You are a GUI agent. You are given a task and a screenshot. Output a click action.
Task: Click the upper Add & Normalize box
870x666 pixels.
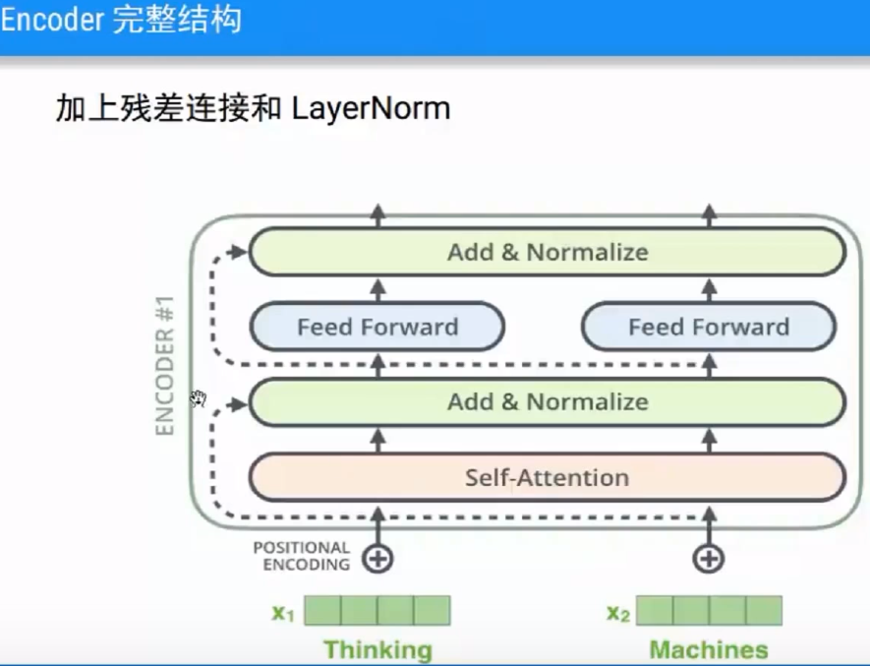(548, 252)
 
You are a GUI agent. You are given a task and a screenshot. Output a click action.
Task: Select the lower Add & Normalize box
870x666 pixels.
(548, 401)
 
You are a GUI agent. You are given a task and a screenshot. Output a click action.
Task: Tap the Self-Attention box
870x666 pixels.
(548, 478)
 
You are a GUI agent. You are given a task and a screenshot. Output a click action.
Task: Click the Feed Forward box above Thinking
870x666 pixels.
(377, 327)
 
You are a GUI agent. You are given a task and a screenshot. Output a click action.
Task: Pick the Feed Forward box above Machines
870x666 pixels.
(709, 327)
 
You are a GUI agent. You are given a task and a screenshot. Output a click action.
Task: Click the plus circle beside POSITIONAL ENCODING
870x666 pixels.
(377, 559)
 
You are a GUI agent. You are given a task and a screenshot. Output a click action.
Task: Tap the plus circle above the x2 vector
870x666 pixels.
(709, 559)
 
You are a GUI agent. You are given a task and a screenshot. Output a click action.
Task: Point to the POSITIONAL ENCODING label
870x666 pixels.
(301, 556)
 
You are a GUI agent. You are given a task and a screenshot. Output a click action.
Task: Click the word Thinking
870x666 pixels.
(377, 649)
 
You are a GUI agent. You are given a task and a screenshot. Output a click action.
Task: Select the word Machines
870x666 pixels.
(709, 649)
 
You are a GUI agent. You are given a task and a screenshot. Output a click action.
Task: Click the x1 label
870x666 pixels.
(283, 613)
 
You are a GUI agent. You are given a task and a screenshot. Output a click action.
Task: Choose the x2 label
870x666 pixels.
(617, 613)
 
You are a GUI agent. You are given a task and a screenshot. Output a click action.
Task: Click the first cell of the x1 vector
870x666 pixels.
(322, 611)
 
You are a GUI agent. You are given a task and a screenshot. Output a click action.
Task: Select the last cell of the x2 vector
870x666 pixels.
(764, 611)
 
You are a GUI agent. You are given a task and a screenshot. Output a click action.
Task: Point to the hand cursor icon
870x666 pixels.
(199, 397)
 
